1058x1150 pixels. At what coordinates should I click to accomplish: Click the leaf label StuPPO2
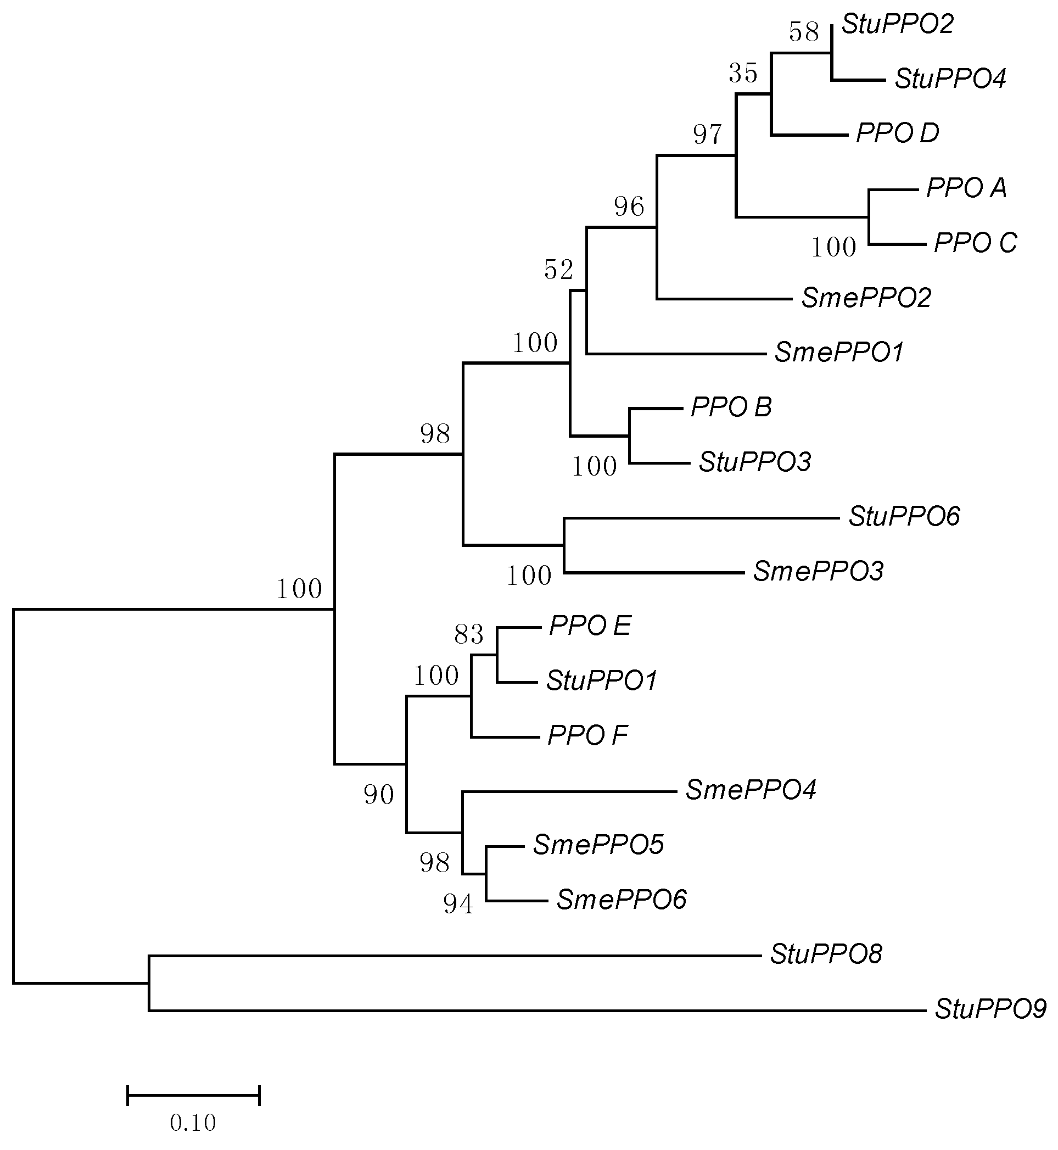[898, 25]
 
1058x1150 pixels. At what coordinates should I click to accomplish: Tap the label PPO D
[897, 133]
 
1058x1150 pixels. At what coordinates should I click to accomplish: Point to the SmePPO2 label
[866, 298]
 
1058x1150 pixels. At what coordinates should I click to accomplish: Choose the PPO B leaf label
[731, 407]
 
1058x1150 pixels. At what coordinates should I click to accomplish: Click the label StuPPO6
[903, 517]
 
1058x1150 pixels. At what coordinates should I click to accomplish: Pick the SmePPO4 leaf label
[751, 790]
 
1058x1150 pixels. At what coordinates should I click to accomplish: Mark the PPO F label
[587, 735]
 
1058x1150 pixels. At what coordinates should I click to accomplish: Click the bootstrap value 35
[743, 73]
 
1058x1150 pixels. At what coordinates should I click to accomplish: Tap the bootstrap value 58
[804, 32]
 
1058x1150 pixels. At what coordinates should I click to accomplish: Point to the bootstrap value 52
[558, 270]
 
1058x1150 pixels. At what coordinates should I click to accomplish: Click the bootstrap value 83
[469, 634]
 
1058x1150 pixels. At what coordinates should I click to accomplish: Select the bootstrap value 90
[379, 795]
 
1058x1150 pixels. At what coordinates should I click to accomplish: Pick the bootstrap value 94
[458, 905]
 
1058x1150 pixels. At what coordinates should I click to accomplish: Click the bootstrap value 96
[629, 206]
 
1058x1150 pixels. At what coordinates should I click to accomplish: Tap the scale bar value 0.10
[193, 1123]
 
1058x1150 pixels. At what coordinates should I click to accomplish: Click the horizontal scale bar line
[193, 1096]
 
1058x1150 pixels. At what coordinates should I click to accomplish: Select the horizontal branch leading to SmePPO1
[676, 354]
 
